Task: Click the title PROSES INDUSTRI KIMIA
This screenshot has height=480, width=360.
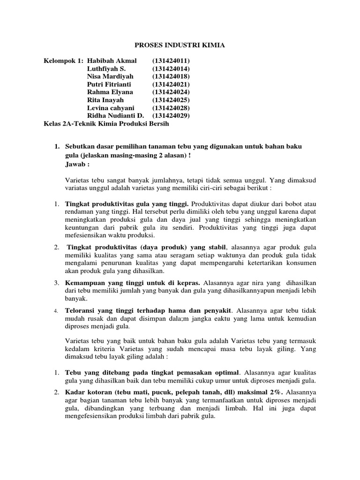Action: pyautogui.click(x=180, y=45)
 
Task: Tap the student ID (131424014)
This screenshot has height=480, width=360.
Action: pyautogui.click(x=171, y=68)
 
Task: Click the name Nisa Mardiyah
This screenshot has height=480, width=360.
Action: pyautogui.click(x=110, y=76)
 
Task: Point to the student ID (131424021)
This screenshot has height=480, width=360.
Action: pyautogui.click(x=171, y=84)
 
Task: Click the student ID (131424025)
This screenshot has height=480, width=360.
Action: pyautogui.click(x=171, y=100)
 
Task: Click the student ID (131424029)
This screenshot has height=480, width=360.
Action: pyautogui.click(x=171, y=116)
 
